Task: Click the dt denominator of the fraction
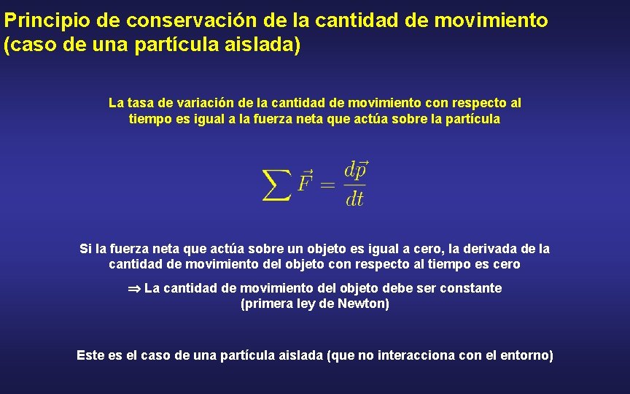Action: click(355, 198)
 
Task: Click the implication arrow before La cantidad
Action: click(134, 288)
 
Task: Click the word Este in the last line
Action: click(90, 356)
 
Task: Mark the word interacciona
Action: click(415, 356)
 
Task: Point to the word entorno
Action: click(526, 356)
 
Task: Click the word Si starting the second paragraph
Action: click(85, 249)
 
